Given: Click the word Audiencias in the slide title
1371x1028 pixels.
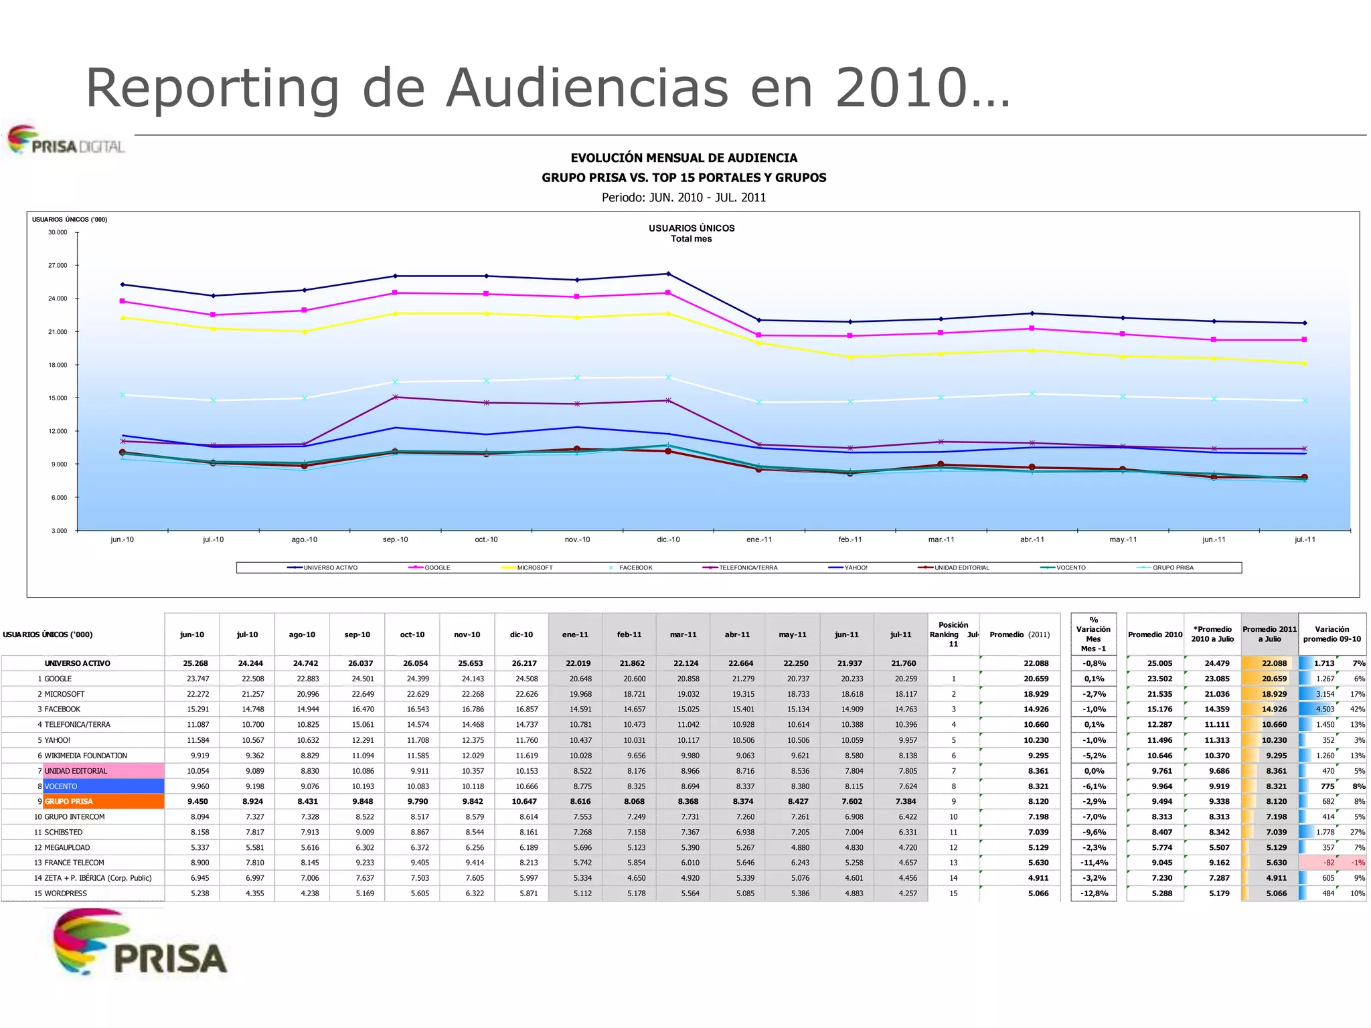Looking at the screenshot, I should [587, 88].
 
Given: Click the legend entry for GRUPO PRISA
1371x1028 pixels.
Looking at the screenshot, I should [1172, 568].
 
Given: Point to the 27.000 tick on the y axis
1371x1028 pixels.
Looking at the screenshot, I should [58, 266].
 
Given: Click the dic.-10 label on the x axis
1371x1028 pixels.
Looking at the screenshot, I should [667, 539].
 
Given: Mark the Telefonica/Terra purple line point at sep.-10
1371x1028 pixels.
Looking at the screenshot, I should [395, 397].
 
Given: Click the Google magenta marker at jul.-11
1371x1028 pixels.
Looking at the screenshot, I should [1304, 340].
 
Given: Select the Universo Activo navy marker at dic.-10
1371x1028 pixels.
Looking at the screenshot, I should [668, 274].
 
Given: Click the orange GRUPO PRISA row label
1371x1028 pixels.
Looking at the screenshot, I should [103, 801].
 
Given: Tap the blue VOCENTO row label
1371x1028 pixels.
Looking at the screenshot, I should [103, 786].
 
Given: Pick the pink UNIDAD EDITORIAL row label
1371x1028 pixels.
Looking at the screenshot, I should [103, 771].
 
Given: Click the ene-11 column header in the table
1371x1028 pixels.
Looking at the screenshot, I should [575, 634].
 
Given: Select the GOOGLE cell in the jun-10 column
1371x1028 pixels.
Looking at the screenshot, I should [197, 679].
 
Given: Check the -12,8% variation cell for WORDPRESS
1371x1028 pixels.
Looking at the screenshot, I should [1094, 893].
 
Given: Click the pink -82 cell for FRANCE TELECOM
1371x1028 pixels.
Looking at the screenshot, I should [1328, 863].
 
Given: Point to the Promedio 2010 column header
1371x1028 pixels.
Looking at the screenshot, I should [1155, 634].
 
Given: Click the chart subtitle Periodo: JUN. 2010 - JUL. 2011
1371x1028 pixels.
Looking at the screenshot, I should [683, 197].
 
